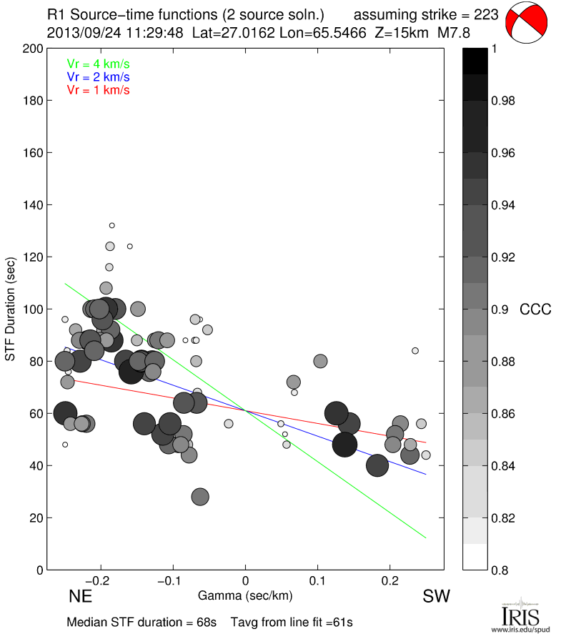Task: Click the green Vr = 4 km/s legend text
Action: pos(98,64)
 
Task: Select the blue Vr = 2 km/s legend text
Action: pos(98,76)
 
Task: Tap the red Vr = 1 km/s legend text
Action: pos(98,89)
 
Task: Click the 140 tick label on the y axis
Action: pos(33,205)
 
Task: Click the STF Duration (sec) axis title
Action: pos(11,309)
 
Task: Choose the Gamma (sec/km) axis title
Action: pos(245,595)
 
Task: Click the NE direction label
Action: pos(81,595)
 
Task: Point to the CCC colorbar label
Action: pos(535,309)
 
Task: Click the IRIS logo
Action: pos(520,613)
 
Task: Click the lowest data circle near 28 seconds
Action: pos(200,497)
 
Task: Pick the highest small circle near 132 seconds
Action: pos(112,225)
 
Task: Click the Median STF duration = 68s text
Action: pos(142,622)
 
